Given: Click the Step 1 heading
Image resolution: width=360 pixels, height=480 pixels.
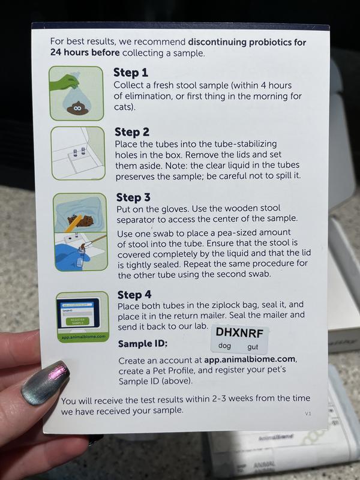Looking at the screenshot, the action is click(x=131, y=73).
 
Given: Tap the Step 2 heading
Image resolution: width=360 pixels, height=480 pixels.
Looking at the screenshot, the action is click(x=132, y=132).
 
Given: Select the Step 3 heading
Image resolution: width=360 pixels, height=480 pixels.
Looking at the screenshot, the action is click(x=133, y=197).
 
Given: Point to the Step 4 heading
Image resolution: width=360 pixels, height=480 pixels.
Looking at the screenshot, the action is click(x=134, y=295).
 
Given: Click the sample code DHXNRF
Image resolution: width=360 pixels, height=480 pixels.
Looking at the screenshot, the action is click(x=239, y=333).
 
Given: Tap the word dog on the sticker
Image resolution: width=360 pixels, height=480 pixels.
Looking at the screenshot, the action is click(x=224, y=346).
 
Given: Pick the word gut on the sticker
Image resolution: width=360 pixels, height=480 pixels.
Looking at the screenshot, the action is click(x=253, y=347).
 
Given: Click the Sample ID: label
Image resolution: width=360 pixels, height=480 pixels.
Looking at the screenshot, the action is click(x=143, y=344).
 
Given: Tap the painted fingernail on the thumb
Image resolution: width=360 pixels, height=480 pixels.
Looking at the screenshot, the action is click(x=46, y=383).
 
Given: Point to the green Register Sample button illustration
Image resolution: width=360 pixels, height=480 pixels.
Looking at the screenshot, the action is click(x=77, y=321).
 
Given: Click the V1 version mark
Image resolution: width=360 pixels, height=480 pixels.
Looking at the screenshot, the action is click(x=308, y=413).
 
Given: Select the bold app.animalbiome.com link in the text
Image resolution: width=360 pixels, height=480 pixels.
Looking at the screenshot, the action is click(x=250, y=359).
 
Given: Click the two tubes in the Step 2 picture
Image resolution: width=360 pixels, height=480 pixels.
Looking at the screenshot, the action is click(x=79, y=152).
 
